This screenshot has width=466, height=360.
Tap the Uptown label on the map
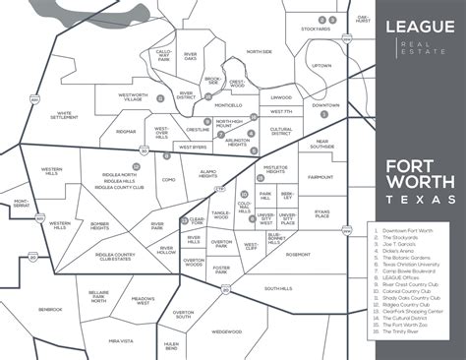tap(322, 66)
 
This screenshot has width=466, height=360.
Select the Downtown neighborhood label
tap(325, 105)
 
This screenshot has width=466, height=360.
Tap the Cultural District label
tap(281, 130)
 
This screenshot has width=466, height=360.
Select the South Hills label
tap(278, 288)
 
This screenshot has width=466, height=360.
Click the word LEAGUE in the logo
tap(406, 25)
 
